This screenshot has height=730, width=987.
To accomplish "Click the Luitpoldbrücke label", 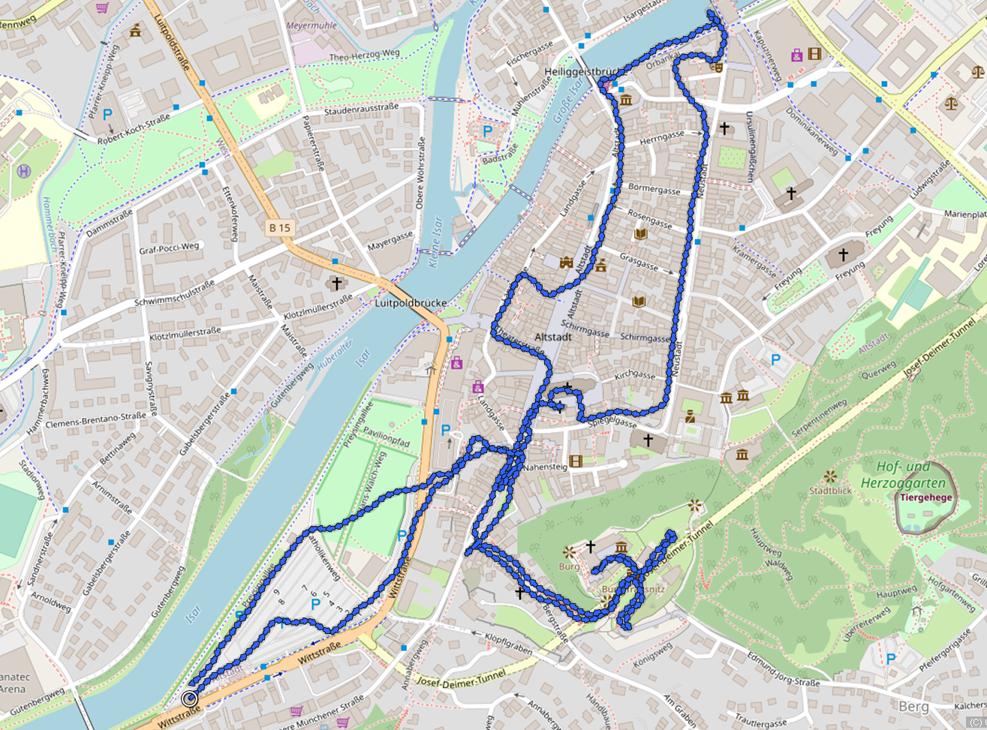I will coord(411,304).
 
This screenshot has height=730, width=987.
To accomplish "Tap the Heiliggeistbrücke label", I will coord(582,72).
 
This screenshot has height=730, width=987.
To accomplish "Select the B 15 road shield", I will coord(279,227).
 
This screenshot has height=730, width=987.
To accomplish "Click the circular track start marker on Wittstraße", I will coord(189,698).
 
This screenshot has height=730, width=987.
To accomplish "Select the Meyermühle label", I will coord(311,25).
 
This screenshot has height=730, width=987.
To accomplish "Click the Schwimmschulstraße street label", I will coord(174,293).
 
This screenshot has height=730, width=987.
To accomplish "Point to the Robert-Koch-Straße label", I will coord(134,129).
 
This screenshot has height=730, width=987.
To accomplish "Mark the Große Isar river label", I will coord(568,104).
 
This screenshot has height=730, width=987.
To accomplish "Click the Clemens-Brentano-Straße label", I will coord(95,420).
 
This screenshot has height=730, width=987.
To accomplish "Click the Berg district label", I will coord(914,706).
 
